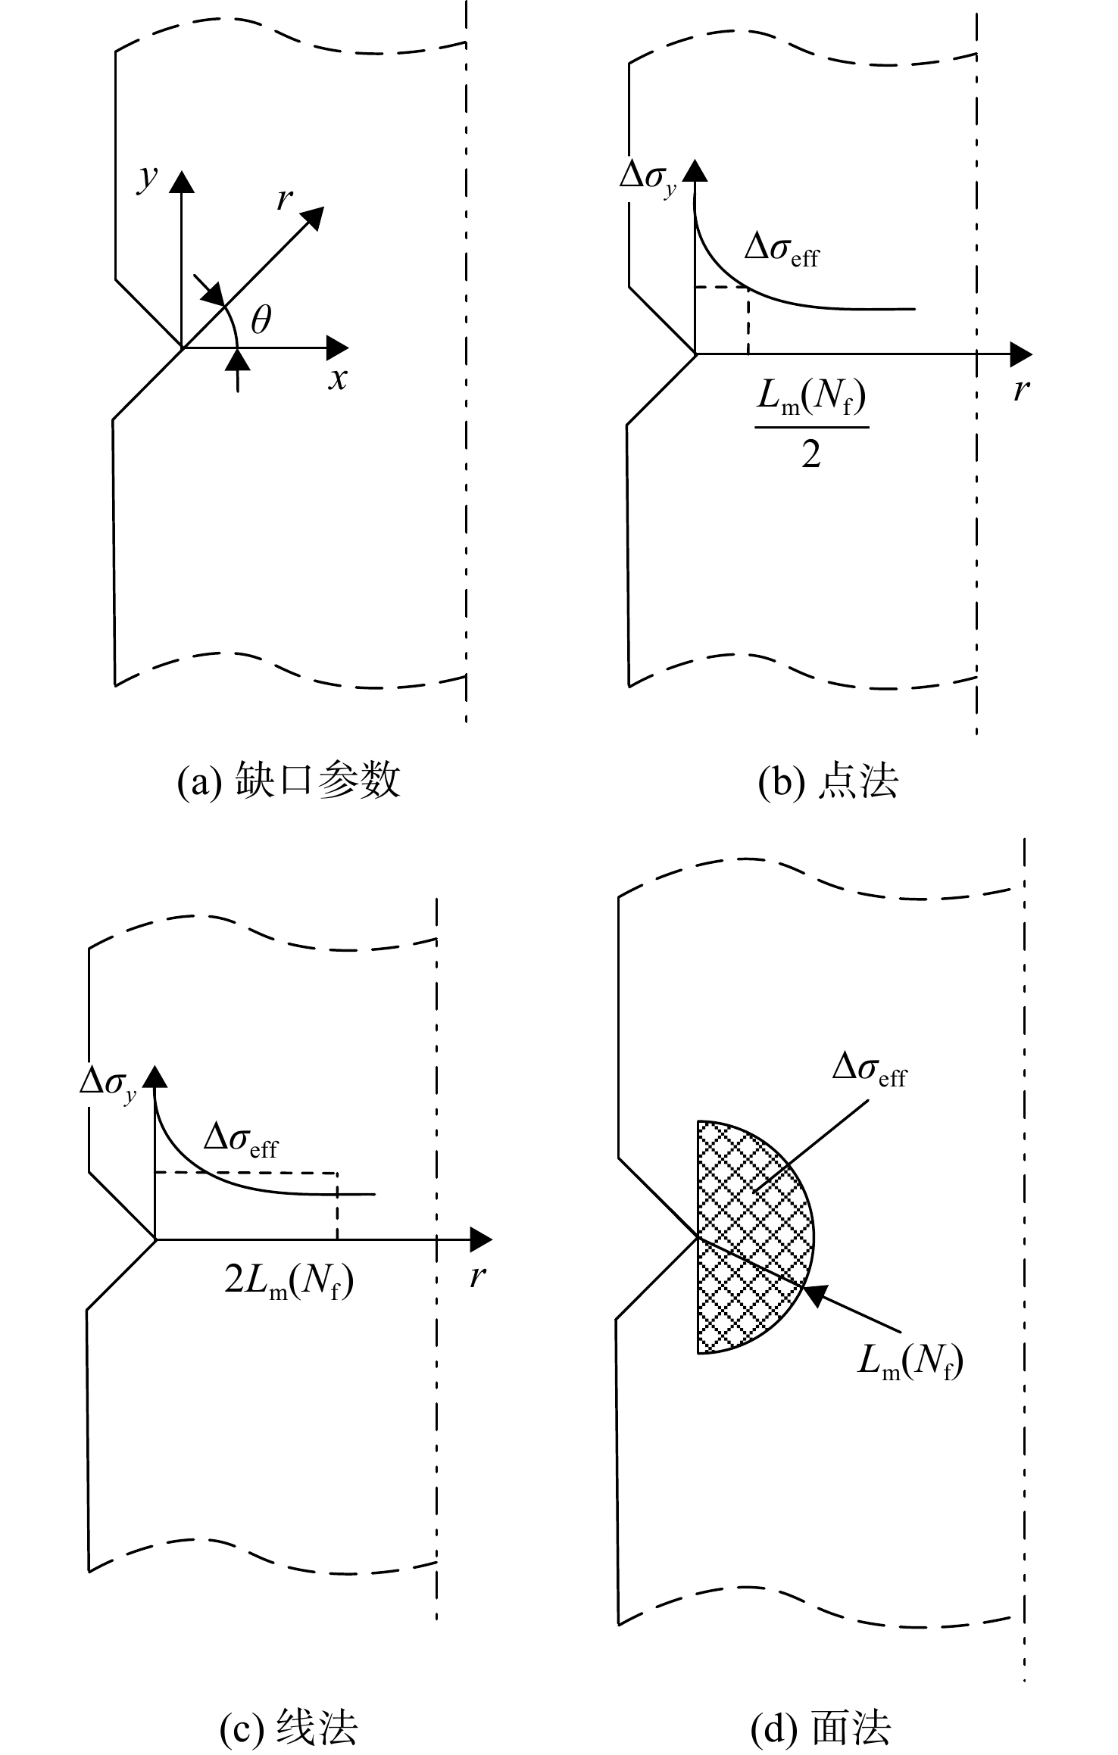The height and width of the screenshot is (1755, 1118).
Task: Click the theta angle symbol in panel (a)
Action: pyautogui.click(x=261, y=320)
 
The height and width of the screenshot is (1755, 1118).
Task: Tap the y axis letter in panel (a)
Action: pyautogui.click(x=147, y=179)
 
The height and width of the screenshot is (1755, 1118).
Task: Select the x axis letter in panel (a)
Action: pyautogui.click(x=338, y=378)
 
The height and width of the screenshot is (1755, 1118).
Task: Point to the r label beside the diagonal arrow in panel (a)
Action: pyautogui.click(x=284, y=199)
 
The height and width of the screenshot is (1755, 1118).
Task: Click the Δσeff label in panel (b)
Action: pyautogui.click(x=782, y=251)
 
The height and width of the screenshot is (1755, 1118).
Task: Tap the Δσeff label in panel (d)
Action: pyautogui.click(x=870, y=1070)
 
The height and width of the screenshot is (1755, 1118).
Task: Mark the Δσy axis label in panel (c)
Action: pyautogui.click(x=108, y=1084)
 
